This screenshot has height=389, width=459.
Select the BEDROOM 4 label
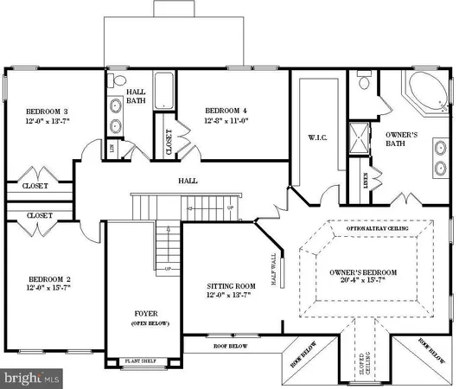tap(226, 111)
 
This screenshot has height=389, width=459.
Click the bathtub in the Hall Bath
tap(163, 91)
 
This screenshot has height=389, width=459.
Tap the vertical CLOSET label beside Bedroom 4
tap(169, 143)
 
